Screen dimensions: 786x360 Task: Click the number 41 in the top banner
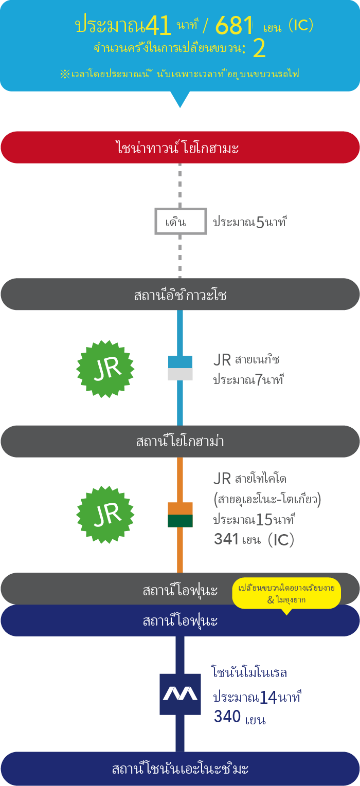pyautogui.click(x=158, y=25)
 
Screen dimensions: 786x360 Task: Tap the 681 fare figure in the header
pyautogui.click(x=235, y=25)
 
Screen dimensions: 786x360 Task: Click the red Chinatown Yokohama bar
pyautogui.click(x=180, y=148)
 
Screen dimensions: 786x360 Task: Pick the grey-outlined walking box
pyautogui.click(x=181, y=222)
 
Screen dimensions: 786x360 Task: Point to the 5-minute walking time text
pyautogui.click(x=249, y=222)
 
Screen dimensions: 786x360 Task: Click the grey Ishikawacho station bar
pyautogui.click(x=180, y=295)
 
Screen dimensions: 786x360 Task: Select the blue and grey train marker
pyautogui.click(x=180, y=368)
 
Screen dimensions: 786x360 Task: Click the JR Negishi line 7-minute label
pyautogui.click(x=248, y=370)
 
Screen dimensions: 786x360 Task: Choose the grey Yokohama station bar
pyautogui.click(x=180, y=442)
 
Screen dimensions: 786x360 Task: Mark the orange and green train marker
pyautogui.click(x=180, y=515)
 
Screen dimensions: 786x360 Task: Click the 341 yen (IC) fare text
pyautogui.click(x=254, y=539)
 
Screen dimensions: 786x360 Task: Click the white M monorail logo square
pyautogui.click(x=180, y=694)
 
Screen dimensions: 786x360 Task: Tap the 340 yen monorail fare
pyautogui.click(x=240, y=717)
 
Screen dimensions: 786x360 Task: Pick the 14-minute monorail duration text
pyautogui.click(x=256, y=697)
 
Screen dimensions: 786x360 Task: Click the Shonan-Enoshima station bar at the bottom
pyautogui.click(x=180, y=769)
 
